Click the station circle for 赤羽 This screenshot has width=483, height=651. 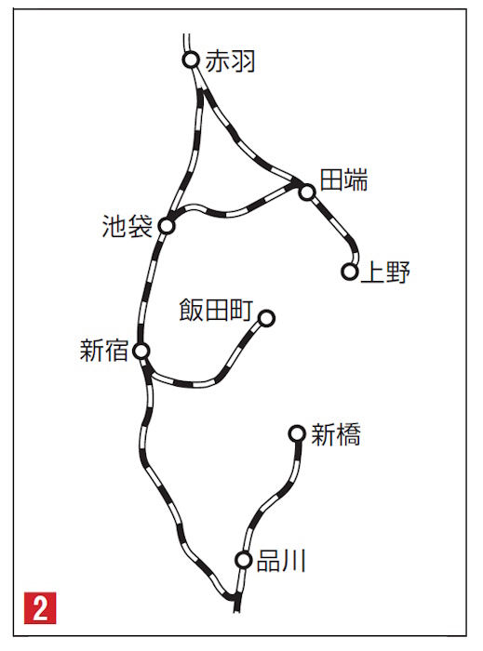click(x=191, y=60)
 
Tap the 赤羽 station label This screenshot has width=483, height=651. click(x=230, y=60)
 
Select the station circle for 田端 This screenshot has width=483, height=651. click(x=307, y=193)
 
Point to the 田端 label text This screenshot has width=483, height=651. click(x=344, y=180)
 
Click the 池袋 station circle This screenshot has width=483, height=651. click(x=167, y=226)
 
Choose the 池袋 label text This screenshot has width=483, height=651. click(x=127, y=226)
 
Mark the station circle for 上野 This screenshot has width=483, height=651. click(x=350, y=272)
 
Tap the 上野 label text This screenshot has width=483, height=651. click(x=385, y=272)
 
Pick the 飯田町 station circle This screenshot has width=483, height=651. click(x=266, y=318)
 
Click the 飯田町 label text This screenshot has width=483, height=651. click(x=216, y=310)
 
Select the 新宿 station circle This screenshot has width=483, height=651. click(x=141, y=352)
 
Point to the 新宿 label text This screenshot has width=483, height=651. click(x=104, y=351)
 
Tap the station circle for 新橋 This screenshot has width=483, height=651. click(x=297, y=434)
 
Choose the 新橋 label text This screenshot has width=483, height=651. click(x=336, y=434)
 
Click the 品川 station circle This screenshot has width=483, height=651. click(x=244, y=560)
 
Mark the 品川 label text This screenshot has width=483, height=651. click(x=282, y=561)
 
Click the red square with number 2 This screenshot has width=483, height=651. click(x=40, y=608)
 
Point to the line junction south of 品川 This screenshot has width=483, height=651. click(x=235, y=598)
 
